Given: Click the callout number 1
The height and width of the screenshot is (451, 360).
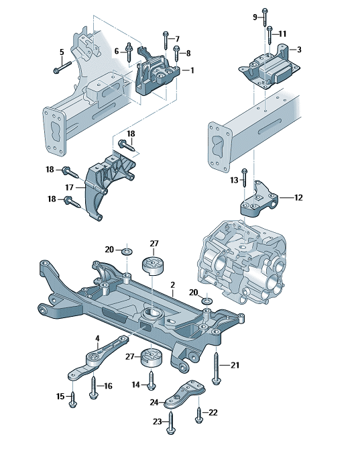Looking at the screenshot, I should click(192, 70).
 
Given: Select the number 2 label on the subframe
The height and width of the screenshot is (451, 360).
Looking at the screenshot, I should click(172, 285).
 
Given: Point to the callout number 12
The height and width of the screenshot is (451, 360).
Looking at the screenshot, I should click(298, 197).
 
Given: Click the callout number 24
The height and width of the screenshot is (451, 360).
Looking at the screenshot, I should click(154, 403).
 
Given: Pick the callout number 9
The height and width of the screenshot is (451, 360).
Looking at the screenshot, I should click(255, 15).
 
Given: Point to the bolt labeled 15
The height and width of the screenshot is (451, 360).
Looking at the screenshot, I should click(73, 401).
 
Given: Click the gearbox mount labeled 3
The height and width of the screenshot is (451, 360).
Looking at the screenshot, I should click(267, 68).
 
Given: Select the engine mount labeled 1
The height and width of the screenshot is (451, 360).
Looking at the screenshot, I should click(156, 77).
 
